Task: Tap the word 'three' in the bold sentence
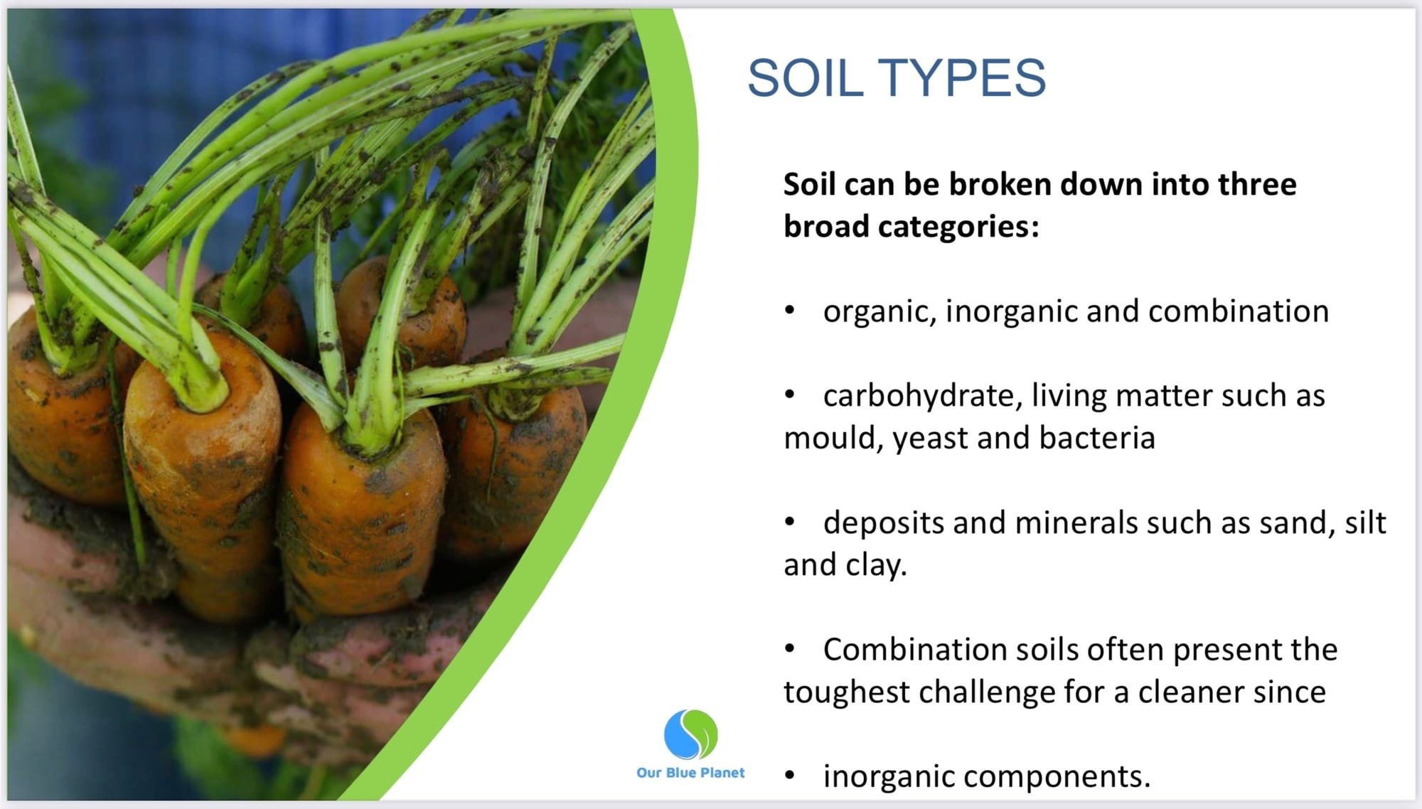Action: (1258, 184)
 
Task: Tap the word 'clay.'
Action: (876, 565)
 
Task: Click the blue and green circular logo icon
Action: (690, 734)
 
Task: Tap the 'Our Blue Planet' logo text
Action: (690, 773)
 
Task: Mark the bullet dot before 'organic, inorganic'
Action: (789, 311)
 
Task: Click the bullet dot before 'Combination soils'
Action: (789, 649)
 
